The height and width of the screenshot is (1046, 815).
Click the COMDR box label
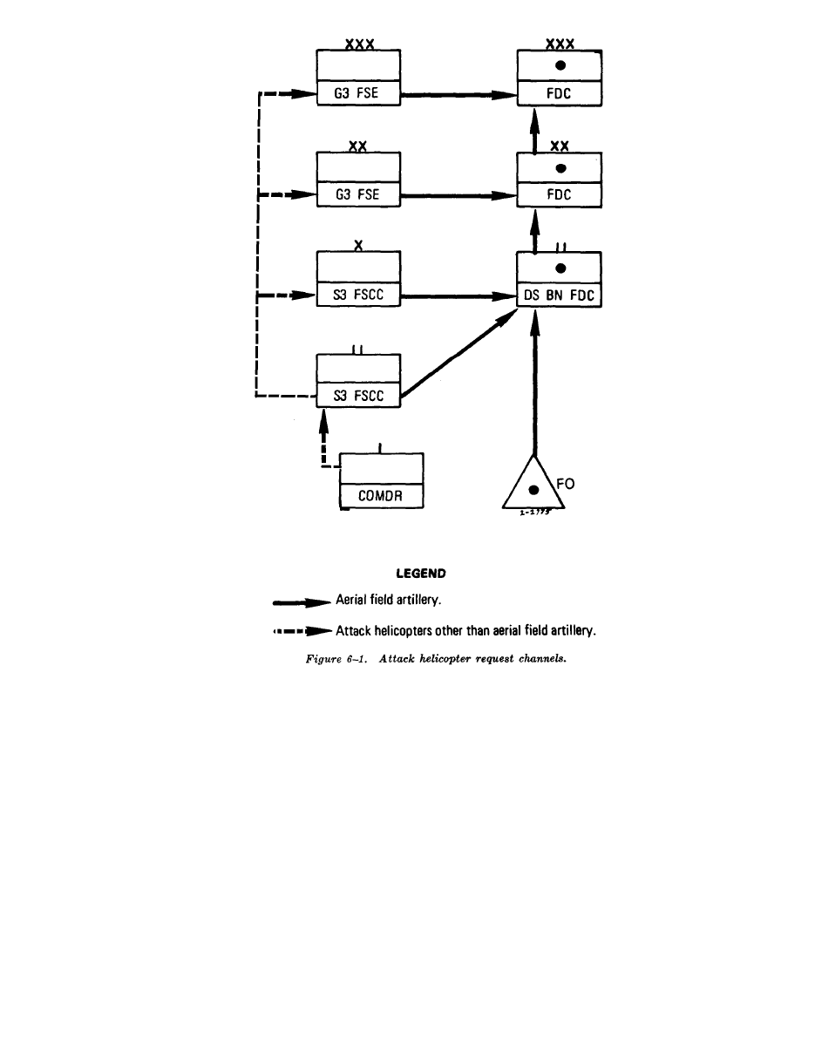381,497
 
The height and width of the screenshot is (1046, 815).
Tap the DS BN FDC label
559,296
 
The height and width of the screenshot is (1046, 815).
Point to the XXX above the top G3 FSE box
358,44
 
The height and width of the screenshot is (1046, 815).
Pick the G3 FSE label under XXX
357,94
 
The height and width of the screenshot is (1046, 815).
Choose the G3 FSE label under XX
357,195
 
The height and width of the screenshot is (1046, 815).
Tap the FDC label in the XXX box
559,94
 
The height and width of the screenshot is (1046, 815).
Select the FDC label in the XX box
559,195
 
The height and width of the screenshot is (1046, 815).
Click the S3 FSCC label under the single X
357,296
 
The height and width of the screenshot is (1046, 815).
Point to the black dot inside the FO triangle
533,491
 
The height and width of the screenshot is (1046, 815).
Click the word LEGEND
421,574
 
